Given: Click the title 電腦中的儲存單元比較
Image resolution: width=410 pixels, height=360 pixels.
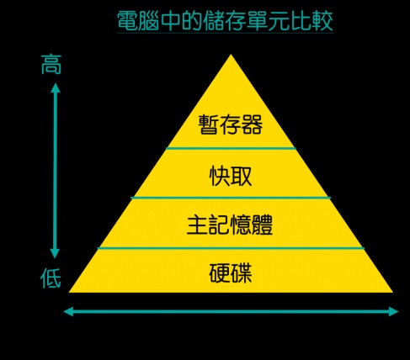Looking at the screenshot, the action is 225,21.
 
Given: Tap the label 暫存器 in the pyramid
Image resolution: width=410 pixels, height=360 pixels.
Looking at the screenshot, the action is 231,124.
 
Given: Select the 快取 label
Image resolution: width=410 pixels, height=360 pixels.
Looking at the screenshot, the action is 231,176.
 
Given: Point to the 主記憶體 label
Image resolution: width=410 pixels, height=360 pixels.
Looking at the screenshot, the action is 230,225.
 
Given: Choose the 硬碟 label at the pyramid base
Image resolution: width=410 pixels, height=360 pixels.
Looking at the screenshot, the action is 231,273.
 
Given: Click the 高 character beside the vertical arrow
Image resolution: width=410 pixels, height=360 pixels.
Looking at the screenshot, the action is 51,65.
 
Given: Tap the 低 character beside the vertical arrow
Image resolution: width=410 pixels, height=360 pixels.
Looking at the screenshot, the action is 51,278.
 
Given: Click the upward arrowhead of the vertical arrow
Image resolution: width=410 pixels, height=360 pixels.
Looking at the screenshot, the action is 56,87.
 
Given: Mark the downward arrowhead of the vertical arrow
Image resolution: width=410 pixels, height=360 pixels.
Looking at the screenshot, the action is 55,253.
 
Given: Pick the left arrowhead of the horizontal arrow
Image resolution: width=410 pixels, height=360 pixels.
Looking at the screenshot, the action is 68,311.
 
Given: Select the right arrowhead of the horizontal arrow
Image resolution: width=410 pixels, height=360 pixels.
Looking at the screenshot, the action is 393,311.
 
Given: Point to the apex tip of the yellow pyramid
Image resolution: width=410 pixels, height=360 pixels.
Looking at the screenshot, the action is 231,55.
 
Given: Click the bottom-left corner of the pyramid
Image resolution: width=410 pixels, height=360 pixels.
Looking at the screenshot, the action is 69,293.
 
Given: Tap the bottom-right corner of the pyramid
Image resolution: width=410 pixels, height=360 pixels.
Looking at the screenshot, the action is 392,293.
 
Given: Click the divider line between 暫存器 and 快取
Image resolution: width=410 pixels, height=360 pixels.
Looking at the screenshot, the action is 231,148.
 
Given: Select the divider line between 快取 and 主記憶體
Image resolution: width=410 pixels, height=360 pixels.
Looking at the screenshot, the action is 231,198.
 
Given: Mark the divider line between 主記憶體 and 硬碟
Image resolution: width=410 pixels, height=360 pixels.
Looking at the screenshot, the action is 231,248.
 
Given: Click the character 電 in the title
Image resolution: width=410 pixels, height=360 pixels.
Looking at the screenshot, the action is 127,21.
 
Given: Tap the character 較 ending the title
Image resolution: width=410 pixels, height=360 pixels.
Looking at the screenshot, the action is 322,21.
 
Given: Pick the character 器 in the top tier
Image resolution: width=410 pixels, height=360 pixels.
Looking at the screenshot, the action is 252,124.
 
